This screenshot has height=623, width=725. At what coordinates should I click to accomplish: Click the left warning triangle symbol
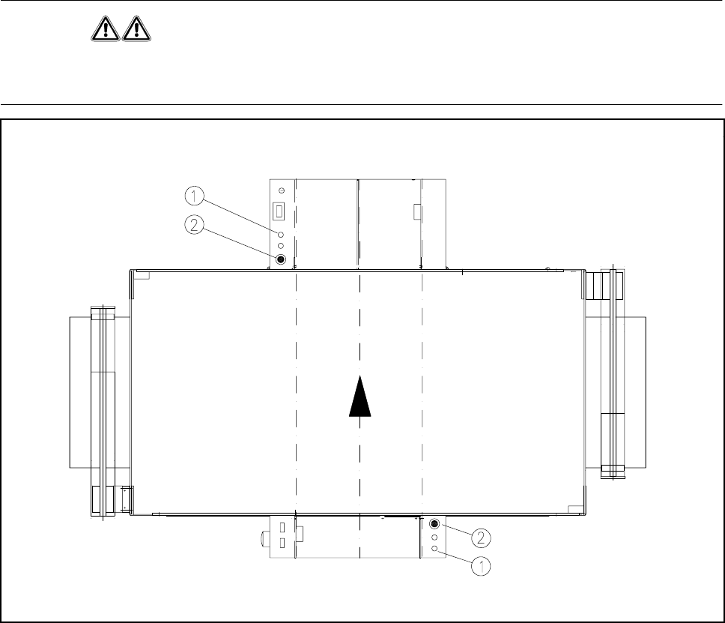pyautogui.click(x=106, y=29)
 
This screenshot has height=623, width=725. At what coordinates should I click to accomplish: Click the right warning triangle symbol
pyautogui.click(x=136, y=29)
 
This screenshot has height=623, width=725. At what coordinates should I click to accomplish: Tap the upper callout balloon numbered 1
pyautogui.click(x=194, y=196)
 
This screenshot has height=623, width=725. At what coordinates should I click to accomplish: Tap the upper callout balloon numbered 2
pyautogui.click(x=194, y=225)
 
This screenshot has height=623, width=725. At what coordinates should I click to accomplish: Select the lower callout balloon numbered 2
pyautogui.click(x=481, y=538)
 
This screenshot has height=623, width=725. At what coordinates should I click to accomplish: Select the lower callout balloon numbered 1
pyautogui.click(x=481, y=566)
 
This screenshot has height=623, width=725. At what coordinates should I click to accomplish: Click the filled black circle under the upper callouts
pyautogui.click(x=281, y=259)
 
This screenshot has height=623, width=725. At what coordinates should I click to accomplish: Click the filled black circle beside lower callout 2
pyautogui.click(x=434, y=524)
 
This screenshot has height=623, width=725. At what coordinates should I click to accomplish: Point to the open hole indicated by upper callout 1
pyautogui.click(x=281, y=235)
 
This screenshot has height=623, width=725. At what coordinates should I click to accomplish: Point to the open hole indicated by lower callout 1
pyautogui.click(x=434, y=549)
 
